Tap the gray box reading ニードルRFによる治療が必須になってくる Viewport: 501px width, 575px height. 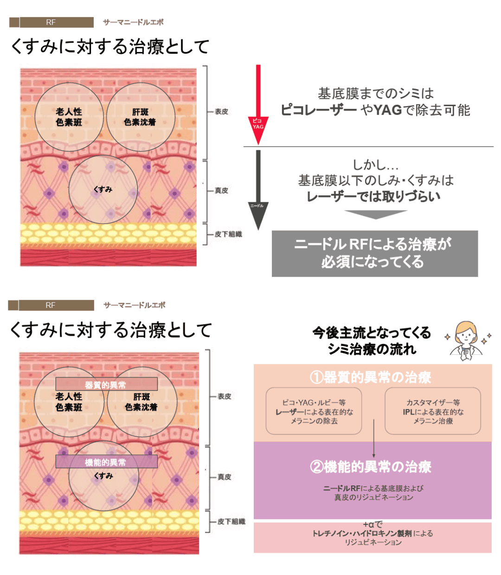click(374, 253)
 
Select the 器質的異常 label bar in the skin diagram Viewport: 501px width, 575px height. click(106, 384)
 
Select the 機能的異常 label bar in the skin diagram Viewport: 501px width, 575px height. click(106, 462)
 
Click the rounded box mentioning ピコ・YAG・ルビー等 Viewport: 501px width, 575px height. click(314, 411)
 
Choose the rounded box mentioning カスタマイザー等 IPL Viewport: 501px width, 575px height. click(432, 411)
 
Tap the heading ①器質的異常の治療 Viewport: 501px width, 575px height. click(371, 377)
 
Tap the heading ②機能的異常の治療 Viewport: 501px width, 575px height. click(371, 466)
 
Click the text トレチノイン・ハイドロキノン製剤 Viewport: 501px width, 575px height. click(362, 533)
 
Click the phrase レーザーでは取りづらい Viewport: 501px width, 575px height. click(373, 197)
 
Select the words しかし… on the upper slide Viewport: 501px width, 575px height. click(375, 165)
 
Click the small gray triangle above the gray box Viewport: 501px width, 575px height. click(375, 214)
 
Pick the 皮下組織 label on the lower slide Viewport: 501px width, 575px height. click(231, 522)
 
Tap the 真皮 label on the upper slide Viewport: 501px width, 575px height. click(221, 191)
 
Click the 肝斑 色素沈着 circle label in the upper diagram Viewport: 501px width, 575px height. click(140, 117)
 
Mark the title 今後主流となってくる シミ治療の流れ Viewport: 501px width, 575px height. click(372, 340)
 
